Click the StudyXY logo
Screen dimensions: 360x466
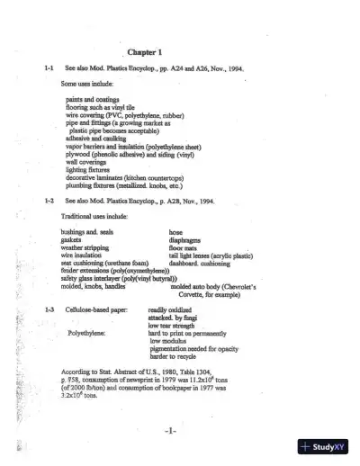pyautogui.click(x=328, y=447)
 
